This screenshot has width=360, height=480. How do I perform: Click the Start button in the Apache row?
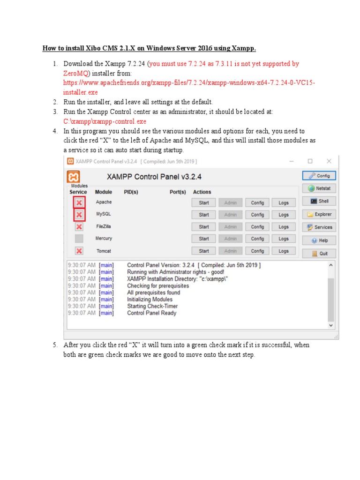coord(203,202)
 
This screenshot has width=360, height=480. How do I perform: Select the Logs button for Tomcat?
coord(284,251)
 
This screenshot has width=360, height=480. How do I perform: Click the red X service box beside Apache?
coord(79,202)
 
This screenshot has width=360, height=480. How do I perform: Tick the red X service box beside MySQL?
coord(79,215)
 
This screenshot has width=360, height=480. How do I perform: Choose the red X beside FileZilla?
coord(79,227)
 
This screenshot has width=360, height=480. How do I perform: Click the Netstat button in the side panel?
coord(319,188)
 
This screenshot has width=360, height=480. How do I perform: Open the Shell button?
coord(319,201)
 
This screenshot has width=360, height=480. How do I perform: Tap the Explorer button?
coord(319,214)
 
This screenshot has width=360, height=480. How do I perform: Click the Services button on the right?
coord(319,227)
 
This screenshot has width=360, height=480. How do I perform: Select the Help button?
coord(319,240)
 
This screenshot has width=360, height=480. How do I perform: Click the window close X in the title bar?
coord(329,161)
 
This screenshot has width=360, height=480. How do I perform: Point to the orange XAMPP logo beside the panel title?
coord(74,177)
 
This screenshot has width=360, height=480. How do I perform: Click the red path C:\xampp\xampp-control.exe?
coord(105,121)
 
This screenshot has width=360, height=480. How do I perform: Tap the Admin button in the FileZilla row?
coord(230,227)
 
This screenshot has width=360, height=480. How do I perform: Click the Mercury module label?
coord(104,239)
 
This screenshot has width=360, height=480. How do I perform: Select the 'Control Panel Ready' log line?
coord(151,313)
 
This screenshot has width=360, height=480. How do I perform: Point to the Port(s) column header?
coord(178,192)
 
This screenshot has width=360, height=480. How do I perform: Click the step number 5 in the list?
coord(54,345)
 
